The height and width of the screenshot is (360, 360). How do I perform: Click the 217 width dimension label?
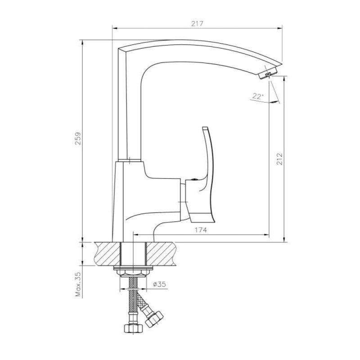click(x=198, y=24)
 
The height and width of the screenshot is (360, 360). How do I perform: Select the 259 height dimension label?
click(x=78, y=138)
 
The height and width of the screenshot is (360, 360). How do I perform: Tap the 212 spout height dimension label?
click(x=279, y=158)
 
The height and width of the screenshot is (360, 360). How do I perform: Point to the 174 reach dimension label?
click(x=201, y=230)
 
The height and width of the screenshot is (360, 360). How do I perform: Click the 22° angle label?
click(x=257, y=96)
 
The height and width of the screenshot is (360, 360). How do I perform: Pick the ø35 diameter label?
click(x=159, y=284)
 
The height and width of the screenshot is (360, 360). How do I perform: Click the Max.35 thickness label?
click(x=78, y=284)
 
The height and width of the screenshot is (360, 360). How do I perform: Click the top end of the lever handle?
click(x=205, y=128)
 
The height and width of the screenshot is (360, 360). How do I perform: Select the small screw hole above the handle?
click(x=194, y=180)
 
